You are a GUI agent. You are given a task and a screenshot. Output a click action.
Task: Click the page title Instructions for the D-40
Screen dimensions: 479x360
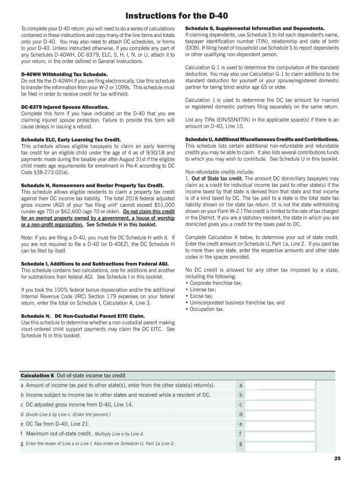[180, 16]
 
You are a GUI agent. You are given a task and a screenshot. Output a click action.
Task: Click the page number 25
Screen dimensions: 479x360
[337, 458]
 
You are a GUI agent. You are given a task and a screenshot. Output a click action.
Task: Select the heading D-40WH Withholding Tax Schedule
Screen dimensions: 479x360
[65, 74]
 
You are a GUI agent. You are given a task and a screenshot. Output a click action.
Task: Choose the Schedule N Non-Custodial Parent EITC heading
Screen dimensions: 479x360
[81, 316]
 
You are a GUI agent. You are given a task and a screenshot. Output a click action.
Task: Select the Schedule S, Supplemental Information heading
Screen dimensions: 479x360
[255, 28]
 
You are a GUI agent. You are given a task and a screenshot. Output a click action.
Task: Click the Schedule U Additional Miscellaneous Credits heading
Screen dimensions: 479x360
[262, 140]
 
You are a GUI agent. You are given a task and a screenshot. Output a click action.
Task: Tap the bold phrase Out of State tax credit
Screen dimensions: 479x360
[217, 179]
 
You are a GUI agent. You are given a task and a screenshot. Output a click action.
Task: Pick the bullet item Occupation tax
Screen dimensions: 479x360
[207, 309]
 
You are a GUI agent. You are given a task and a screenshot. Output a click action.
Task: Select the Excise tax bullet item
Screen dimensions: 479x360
[202, 296]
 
